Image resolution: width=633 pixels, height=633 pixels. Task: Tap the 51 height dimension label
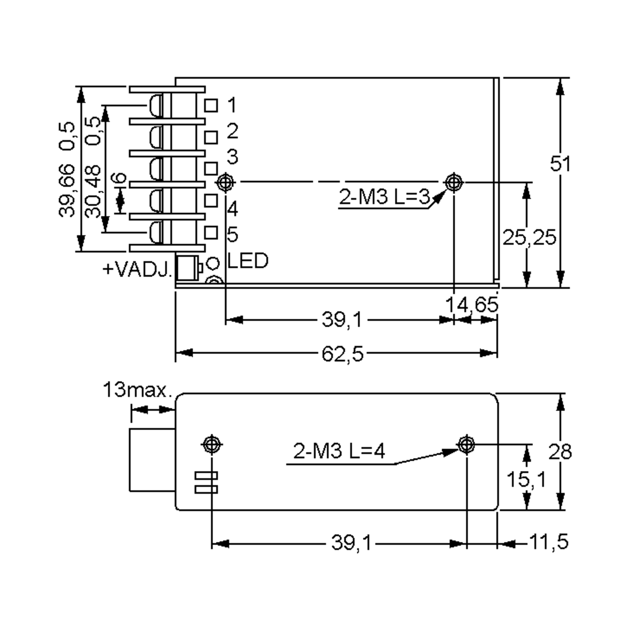click(x=560, y=164)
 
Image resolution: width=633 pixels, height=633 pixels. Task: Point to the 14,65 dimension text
click(x=472, y=305)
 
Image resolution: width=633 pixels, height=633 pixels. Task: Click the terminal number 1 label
click(x=232, y=105)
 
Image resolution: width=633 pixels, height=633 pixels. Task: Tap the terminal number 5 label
click(x=232, y=234)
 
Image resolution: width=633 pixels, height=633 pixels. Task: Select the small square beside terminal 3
click(x=211, y=169)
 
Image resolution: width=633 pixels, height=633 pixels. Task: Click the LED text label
click(x=248, y=261)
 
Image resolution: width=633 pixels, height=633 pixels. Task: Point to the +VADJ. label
click(x=137, y=270)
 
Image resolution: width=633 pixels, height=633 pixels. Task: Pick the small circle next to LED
click(x=213, y=263)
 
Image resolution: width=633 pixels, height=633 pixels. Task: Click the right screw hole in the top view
click(x=454, y=182)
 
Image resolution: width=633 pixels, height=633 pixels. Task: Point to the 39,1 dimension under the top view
click(x=342, y=320)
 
